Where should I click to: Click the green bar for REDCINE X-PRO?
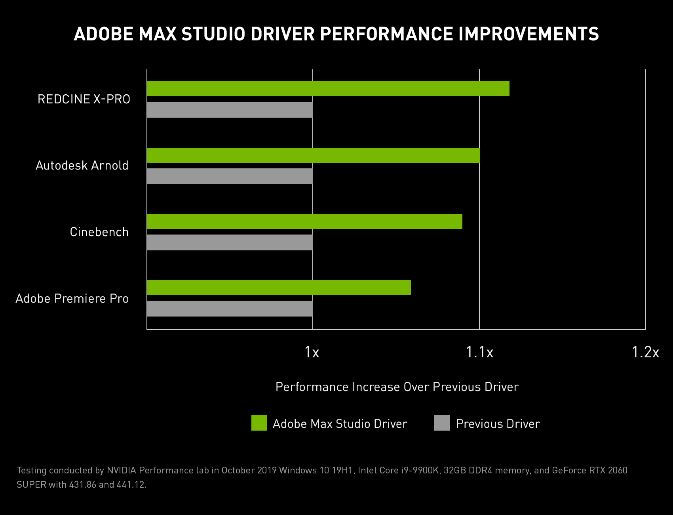pyautogui.click(x=328, y=89)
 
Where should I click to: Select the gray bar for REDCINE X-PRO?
pyautogui.click(x=230, y=110)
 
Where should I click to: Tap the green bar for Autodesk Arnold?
pyautogui.click(x=313, y=155)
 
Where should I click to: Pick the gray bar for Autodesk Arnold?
pyautogui.click(x=230, y=176)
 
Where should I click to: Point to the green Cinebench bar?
pyautogui.click(x=304, y=221)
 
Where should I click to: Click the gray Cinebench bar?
pyautogui.click(x=230, y=242)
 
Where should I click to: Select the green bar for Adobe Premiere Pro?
pyautogui.click(x=279, y=288)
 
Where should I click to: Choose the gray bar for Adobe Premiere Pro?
pyautogui.click(x=230, y=309)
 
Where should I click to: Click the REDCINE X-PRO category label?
pyautogui.click(x=84, y=99)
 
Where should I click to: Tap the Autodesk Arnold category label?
pyautogui.click(x=82, y=165)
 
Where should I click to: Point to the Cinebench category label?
pyautogui.click(x=99, y=232)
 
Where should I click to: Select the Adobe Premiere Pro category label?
pyautogui.click(x=72, y=298)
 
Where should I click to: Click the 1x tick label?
pyautogui.click(x=312, y=352)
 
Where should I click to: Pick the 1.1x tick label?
pyautogui.click(x=479, y=352)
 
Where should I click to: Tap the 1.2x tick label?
pyautogui.click(x=645, y=352)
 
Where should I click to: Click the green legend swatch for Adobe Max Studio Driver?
pyautogui.click(x=259, y=423)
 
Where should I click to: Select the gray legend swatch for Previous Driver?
pyautogui.click(x=442, y=423)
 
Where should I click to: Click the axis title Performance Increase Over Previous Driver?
pyautogui.click(x=397, y=387)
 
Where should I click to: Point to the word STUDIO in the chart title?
pyautogui.click(x=214, y=34)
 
